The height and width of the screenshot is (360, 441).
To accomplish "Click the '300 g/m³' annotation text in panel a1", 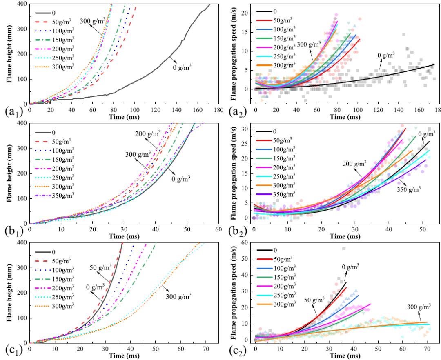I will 93,21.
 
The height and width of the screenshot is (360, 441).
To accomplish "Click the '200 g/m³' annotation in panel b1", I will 149,133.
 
